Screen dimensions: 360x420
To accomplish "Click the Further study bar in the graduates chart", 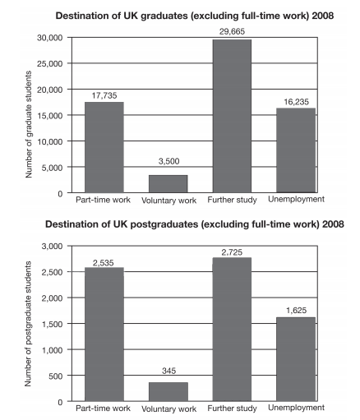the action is point(232,116).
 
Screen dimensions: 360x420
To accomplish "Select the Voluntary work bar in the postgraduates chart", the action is point(168,392).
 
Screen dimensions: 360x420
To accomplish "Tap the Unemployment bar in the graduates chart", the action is point(296,150).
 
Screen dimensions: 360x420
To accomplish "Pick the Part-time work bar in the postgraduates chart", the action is point(104,335).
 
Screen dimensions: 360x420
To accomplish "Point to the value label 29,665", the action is point(232,31).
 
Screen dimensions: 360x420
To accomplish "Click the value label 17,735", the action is point(104,95).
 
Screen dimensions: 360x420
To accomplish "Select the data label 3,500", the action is point(168,161).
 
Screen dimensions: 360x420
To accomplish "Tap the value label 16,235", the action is point(296,102).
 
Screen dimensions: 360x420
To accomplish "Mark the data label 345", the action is point(168,371).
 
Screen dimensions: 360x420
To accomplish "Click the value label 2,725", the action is point(232,252).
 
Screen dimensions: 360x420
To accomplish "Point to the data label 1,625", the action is point(296,311).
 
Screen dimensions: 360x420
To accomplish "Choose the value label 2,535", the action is point(103,263).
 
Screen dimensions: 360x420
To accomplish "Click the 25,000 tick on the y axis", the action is point(50,63).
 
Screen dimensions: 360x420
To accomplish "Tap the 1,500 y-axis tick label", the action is point(52,324).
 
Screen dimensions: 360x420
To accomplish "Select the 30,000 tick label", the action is point(50,38).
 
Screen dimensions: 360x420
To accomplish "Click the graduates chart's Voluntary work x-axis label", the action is point(168,201).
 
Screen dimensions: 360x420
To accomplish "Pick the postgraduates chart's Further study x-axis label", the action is point(232,408).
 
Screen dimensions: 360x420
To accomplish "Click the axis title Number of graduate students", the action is point(29,124).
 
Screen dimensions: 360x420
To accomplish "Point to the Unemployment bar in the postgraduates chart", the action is point(296,359).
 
